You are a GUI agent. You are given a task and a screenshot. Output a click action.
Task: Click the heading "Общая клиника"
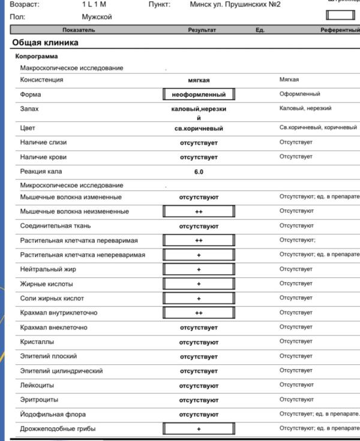tap(45, 43)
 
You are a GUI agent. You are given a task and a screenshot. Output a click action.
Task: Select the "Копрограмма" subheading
tap(37, 56)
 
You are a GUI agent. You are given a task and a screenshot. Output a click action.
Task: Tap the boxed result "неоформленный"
tap(199, 95)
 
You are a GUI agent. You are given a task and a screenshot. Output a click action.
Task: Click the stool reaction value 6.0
tap(199, 172)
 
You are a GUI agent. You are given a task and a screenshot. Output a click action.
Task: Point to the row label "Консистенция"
tap(42, 80)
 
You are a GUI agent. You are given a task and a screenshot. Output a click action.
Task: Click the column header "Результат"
tap(202, 30)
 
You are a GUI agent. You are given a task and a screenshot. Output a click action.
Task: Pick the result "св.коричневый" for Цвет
tap(199, 128)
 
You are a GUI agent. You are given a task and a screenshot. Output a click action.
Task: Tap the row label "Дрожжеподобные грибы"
tap(58, 429)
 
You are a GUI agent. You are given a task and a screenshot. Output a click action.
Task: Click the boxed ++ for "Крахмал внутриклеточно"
tap(199, 313)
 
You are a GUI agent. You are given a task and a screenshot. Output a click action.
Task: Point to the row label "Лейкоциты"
tap(37, 385)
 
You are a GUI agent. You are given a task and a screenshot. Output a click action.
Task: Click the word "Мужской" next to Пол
tap(97, 17)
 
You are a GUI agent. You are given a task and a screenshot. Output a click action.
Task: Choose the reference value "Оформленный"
tap(299, 94)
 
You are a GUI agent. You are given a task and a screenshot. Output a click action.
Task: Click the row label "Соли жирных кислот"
tap(52, 298)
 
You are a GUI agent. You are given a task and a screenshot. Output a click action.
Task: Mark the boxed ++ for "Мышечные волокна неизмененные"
tap(199, 212)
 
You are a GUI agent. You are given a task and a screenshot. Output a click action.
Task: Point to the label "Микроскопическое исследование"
tap(71, 185)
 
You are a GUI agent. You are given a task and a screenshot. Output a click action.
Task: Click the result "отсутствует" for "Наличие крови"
tap(199, 157)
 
